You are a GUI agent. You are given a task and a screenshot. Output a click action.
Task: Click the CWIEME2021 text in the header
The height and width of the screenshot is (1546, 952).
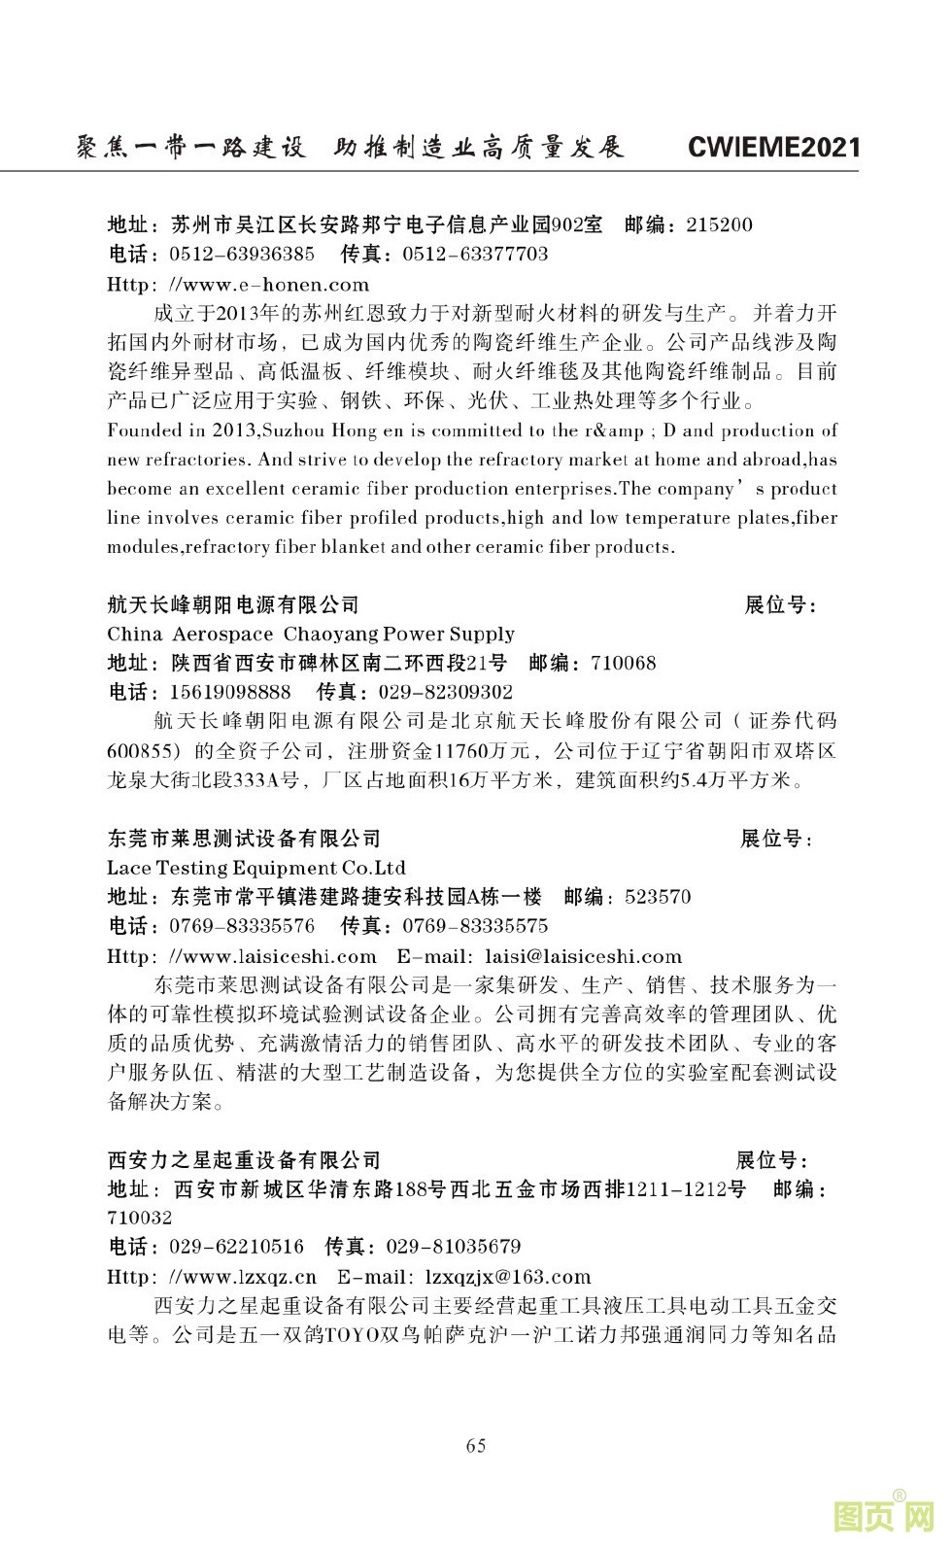(773, 148)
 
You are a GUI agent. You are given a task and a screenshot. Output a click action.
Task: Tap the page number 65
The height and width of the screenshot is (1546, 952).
(476, 1445)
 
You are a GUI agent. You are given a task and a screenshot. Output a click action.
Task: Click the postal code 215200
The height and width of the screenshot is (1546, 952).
(719, 225)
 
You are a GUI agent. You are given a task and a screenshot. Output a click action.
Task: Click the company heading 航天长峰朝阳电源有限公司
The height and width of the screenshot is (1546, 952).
(233, 605)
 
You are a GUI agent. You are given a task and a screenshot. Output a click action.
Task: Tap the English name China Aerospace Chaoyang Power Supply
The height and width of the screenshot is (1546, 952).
(311, 635)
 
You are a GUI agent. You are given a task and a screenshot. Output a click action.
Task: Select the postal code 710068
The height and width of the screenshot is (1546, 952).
(623, 664)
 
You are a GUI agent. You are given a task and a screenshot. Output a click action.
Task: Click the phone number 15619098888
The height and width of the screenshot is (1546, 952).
(230, 693)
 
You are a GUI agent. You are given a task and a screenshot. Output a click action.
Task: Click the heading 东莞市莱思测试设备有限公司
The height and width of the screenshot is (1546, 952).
(244, 839)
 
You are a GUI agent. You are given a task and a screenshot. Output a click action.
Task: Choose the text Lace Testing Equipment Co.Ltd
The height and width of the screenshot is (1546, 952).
(256, 868)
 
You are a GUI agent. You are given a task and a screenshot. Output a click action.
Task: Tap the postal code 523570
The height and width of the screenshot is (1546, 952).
(658, 897)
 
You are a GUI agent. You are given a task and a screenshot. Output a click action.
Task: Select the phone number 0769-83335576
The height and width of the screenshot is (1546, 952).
(242, 926)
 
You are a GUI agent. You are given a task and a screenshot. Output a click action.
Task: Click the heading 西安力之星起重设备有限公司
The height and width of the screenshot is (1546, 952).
(244, 1160)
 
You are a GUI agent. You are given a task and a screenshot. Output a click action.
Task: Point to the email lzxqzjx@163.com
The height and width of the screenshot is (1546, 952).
(508, 1277)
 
